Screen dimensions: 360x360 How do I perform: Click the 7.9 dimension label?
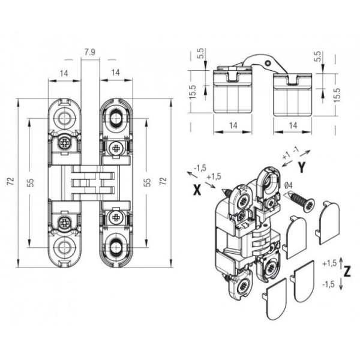[89, 52]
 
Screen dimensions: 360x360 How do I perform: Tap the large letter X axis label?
[197, 190]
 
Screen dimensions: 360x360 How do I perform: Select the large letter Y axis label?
[302, 167]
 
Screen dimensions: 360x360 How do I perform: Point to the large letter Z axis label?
[347, 272]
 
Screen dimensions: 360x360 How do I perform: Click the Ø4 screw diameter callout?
[288, 185]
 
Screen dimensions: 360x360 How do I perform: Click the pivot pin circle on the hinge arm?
[267, 63]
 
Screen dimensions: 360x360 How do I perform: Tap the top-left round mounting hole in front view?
[64, 118]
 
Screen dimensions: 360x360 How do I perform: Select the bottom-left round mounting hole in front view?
[64, 247]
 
